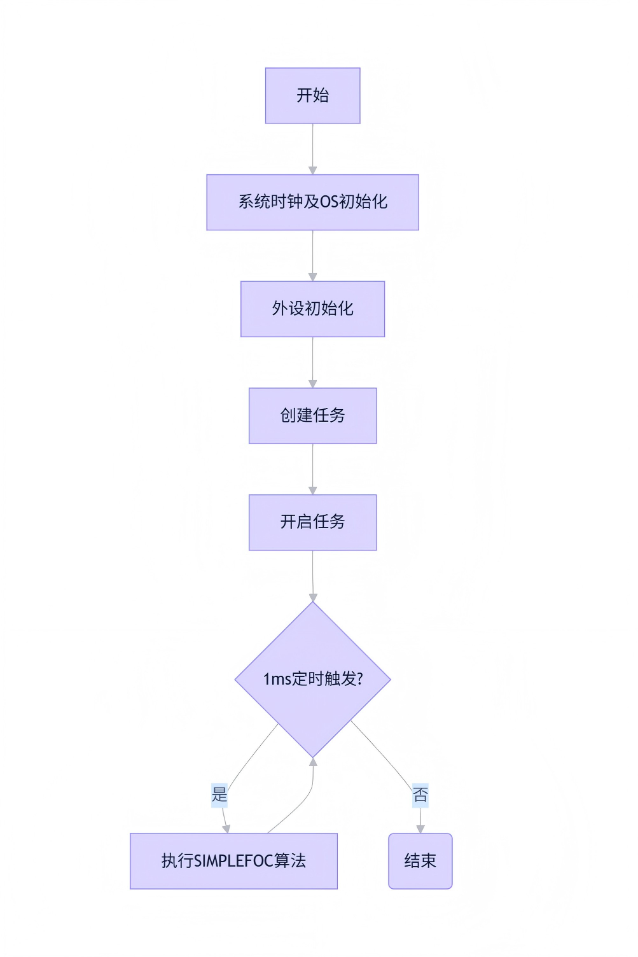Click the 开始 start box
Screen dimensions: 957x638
[312, 95]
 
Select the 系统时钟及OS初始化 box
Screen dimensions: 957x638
[312, 202]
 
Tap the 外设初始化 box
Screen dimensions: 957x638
[312, 309]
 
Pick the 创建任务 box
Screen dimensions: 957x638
[312, 416]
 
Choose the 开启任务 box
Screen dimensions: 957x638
[312, 522]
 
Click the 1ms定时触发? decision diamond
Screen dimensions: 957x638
[312, 679]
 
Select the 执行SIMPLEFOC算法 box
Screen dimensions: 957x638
[233, 861]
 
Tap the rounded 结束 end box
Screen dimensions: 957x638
[420, 861]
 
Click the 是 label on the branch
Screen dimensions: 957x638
[219, 795]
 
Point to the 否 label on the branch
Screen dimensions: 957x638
[420, 795]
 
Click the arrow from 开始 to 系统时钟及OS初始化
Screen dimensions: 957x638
[312, 148]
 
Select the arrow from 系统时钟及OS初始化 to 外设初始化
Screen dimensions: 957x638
[312, 255]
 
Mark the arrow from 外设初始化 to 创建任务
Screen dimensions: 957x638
[312, 361]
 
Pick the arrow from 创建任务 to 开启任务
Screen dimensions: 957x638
[312, 468]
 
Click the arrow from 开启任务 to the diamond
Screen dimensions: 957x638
[312, 575]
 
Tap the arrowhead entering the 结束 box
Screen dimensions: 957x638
[420, 828]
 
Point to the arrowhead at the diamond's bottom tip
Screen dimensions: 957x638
[313, 762]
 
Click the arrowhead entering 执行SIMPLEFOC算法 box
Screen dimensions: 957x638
[226, 828]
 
